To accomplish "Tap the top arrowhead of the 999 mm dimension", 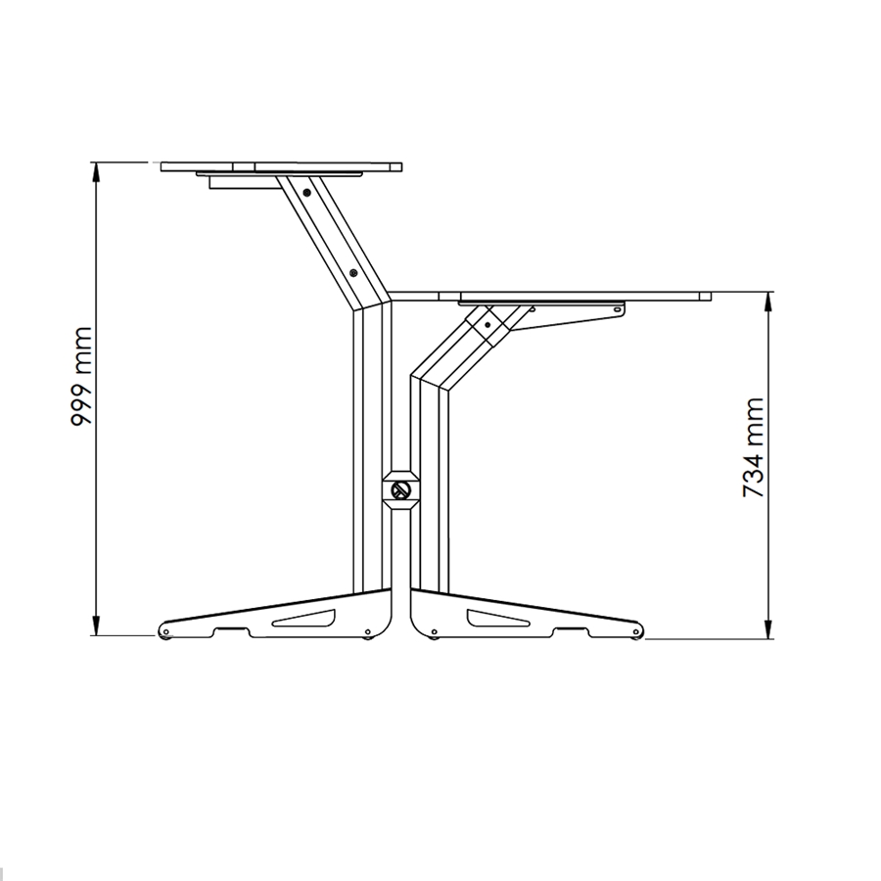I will [96, 169].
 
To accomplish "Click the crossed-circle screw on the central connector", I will [399, 489].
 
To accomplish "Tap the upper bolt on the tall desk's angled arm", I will [308, 193].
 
